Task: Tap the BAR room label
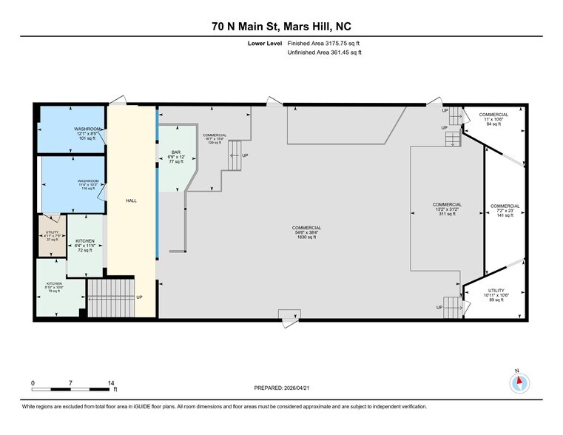point(175,157)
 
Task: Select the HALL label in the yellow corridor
point(131,200)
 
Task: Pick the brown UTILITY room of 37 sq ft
point(52,236)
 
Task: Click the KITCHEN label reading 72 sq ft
point(84,246)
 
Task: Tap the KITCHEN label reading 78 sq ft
point(56,288)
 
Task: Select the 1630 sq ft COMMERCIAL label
point(306,232)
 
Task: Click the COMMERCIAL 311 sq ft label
point(447,209)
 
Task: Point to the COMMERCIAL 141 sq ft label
point(505,210)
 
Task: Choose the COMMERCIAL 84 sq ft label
point(493,119)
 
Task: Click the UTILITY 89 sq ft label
point(495,295)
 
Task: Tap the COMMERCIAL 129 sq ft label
point(215,138)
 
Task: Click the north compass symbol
point(519,382)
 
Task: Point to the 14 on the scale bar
point(111,382)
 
